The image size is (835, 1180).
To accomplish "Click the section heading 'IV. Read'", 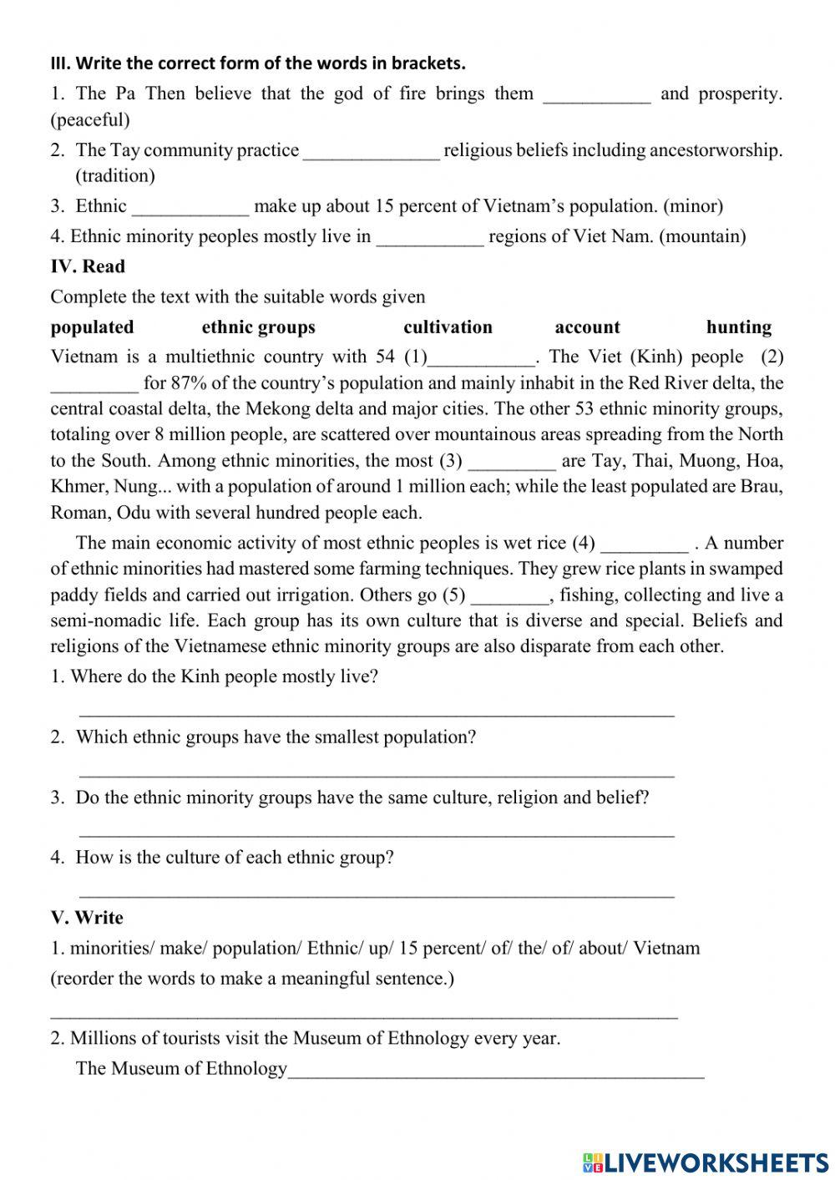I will click(88, 266).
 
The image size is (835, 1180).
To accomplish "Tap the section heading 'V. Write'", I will click(87, 918).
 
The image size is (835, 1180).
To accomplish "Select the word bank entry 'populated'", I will click(92, 327).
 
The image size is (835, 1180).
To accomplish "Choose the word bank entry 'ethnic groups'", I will click(259, 327).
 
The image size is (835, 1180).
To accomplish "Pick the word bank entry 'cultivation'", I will click(448, 327).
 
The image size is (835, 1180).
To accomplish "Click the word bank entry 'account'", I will click(587, 327).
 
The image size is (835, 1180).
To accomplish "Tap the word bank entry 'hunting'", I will click(739, 327).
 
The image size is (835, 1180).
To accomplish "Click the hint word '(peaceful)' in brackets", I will click(90, 120).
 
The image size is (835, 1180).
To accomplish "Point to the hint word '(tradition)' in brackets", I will click(115, 176).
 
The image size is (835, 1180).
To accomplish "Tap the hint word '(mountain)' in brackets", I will click(702, 236).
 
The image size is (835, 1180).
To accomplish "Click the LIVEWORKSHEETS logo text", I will click(706, 1162).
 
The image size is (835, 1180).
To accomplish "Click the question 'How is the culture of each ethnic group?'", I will click(234, 858).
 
